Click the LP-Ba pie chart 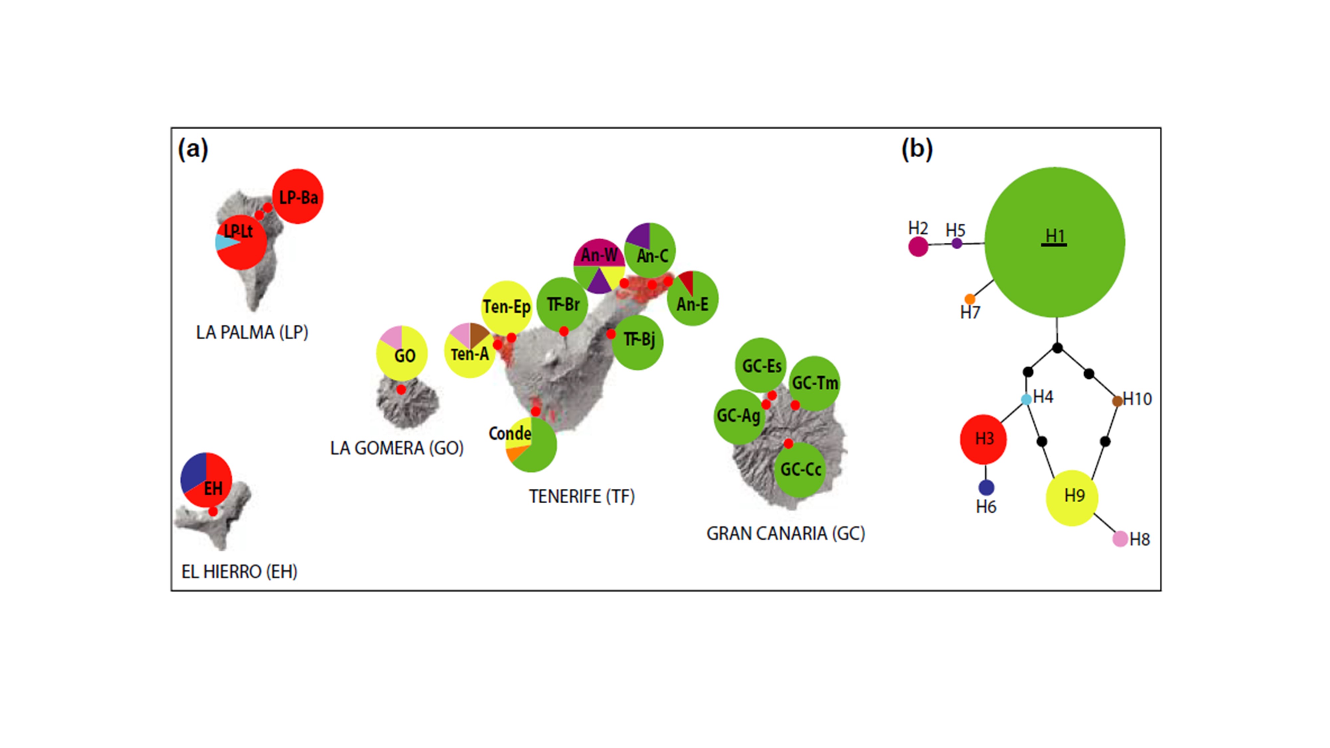point(298,196)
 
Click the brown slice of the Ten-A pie point(478,334)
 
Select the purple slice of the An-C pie point(639,236)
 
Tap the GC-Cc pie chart point(800,469)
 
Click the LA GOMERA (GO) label point(397,448)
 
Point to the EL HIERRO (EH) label point(239,571)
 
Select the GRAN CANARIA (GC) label point(785,533)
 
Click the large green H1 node point(1055,242)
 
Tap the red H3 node point(983,439)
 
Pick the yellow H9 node point(1072,498)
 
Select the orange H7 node point(970,299)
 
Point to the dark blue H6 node point(986,487)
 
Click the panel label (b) point(917,149)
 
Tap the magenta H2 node point(918,246)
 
